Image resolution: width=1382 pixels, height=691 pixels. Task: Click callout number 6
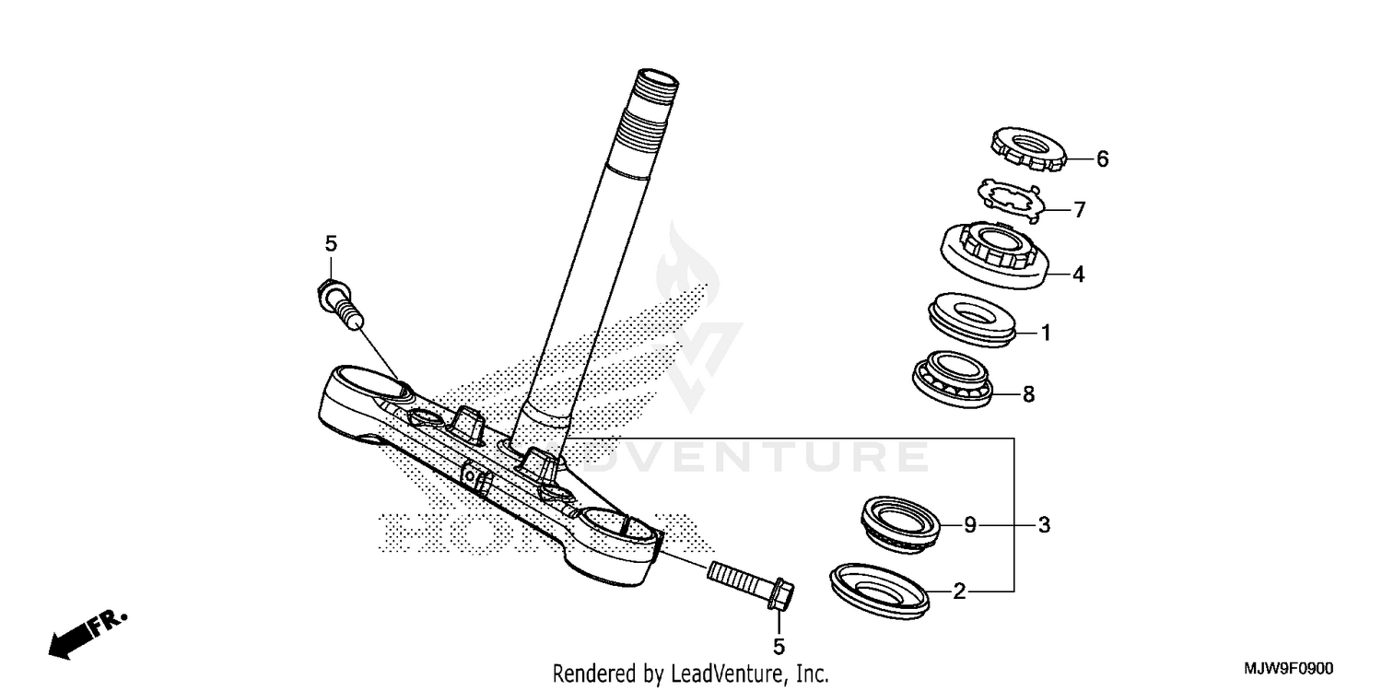pyautogui.click(x=1102, y=159)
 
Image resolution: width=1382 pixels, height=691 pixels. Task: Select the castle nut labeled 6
pyautogui.click(x=1027, y=148)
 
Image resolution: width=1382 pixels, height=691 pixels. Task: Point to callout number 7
pyautogui.click(x=1079, y=210)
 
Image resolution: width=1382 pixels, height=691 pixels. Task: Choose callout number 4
pyautogui.click(x=1078, y=275)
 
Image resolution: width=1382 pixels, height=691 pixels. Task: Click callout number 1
pyautogui.click(x=1046, y=332)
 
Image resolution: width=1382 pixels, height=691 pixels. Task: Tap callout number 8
pyautogui.click(x=1028, y=395)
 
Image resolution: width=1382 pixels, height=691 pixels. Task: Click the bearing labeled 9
pyautogui.click(x=900, y=522)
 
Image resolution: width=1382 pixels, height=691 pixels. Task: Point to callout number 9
pyautogui.click(x=969, y=526)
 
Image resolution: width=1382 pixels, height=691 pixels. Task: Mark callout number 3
pyautogui.click(x=1043, y=526)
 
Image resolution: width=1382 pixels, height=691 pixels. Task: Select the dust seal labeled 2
pyautogui.click(x=879, y=587)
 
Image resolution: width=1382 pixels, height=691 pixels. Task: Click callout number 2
pyautogui.click(x=959, y=592)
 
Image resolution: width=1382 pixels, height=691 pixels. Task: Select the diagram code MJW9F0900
pyautogui.click(x=1289, y=669)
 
